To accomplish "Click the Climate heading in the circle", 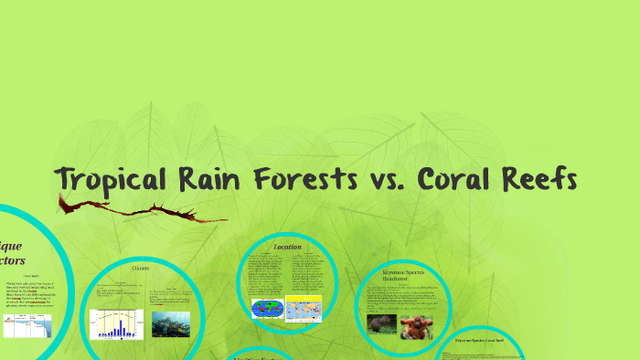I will point(140,269).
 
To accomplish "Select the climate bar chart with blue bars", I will point(116,323).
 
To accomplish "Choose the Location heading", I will point(287,248).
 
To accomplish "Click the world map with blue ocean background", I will point(267,308).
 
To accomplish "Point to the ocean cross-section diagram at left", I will point(27,325).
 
